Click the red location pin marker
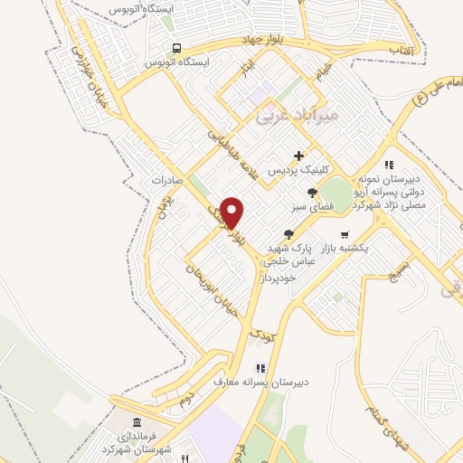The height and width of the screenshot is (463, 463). coord(232,213)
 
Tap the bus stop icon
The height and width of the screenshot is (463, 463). coord(177,48)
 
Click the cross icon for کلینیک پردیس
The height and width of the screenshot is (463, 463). coord(299,156)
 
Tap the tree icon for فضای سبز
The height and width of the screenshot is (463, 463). coord(312,192)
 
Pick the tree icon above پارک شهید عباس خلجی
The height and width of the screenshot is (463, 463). coord(288,233)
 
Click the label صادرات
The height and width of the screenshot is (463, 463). coord(166,179)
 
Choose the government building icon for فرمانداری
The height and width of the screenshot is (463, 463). coord(136,423)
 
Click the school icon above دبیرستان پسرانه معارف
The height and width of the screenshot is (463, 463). coord(260,368)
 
